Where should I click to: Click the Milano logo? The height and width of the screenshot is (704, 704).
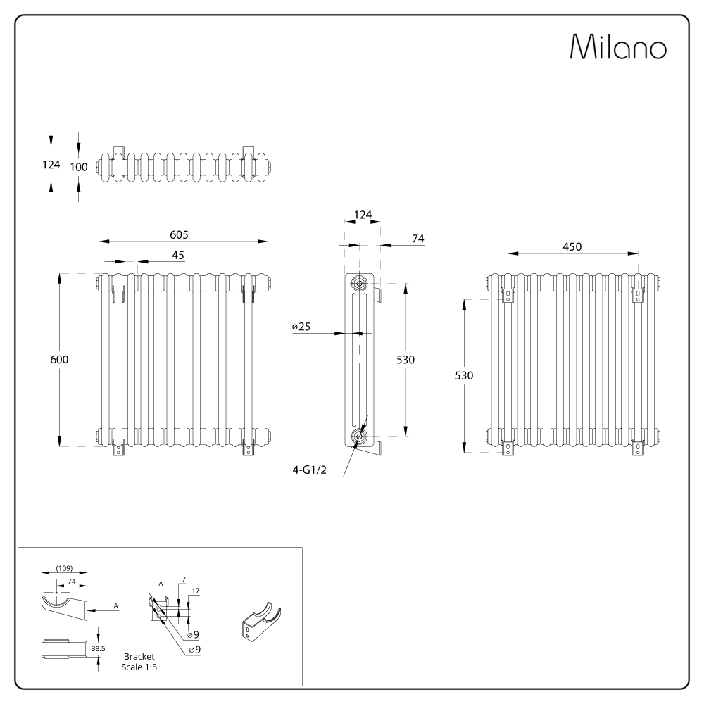[x=618, y=47]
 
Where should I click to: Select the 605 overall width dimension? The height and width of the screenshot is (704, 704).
[x=179, y=234]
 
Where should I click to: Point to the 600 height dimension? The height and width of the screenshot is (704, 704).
[x=59, y=359]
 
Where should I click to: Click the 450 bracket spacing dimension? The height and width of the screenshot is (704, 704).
[x=572, y=246]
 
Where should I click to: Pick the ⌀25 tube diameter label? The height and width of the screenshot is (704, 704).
[x=301, y=327]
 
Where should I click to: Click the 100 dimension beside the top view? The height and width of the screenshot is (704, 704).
[x=79, y=167]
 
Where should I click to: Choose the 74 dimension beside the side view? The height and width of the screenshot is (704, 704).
[x=418, y=239]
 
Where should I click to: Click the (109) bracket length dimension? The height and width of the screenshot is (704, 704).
[x=63, y=568]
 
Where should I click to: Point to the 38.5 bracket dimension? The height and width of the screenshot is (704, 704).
[x=98, y=648]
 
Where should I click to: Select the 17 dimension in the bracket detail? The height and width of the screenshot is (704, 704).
[x=194, y=591]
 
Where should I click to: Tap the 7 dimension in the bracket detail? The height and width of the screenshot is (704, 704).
[x=183, y=579]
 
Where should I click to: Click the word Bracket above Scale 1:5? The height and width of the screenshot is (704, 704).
[x=139, y=656]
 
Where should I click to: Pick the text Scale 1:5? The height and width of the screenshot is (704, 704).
[x=139, y=666]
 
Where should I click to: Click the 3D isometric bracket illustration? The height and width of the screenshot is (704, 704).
[x=260, y=621]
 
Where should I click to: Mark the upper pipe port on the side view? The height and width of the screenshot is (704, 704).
[x=360, y=284]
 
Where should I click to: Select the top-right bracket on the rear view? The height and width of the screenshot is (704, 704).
[x=638, y=294]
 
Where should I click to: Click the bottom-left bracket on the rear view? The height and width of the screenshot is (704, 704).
[x=507, y=448]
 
